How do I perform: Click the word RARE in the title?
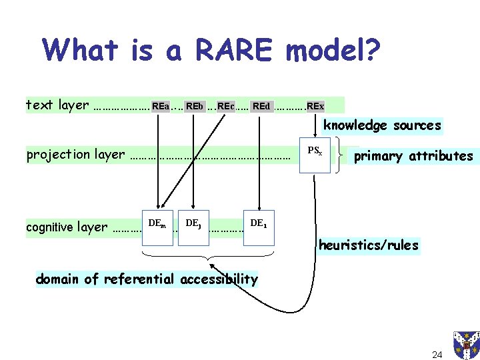[225, 50]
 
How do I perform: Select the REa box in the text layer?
[160, 105]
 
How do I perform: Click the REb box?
[194, 105]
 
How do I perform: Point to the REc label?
[225, 105]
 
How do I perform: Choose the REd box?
[261, 105]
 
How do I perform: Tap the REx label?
[315, 105]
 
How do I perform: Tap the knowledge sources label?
[382, 125]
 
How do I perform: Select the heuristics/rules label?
[369, 245]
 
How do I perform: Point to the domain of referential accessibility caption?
[147, 279]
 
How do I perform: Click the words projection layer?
[75, 155]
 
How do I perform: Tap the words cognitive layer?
[67, 227]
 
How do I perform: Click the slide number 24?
[437, 335]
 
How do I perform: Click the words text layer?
[57, 105]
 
